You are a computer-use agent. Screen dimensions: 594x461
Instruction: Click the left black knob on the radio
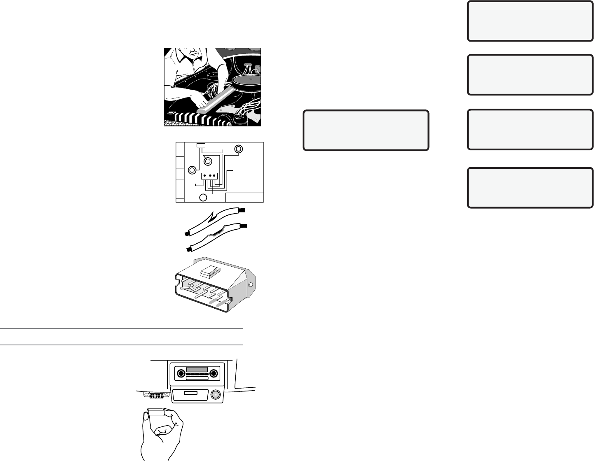[x=180, y=373]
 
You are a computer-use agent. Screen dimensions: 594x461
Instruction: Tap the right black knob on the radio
[x=213, y=373]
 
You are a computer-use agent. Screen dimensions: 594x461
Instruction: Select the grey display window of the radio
[x=197, y=369]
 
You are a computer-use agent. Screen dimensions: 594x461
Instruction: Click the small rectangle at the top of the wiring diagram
[x=201, y=145]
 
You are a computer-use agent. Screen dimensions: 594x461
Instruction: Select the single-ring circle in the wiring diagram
[x=203, y=198]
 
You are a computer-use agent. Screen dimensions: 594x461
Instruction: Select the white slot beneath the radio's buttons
[x=197, y=378]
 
